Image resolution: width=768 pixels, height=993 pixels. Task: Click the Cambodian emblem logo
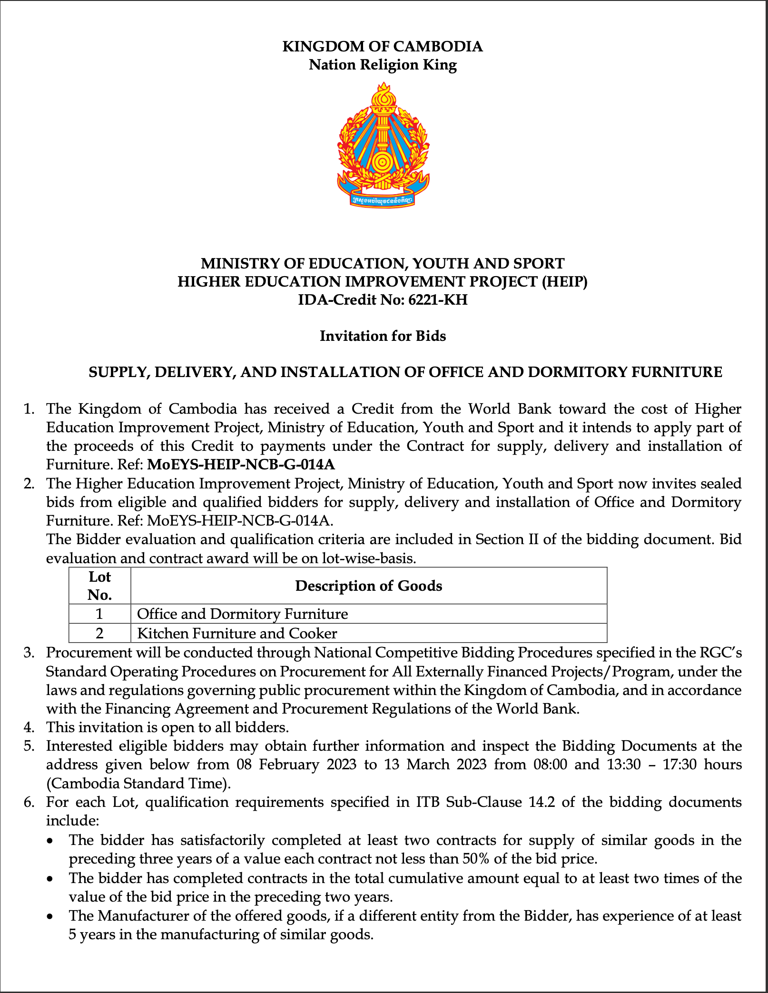pos(383,145)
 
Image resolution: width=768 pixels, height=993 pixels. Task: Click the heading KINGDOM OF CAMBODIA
pos(383,47)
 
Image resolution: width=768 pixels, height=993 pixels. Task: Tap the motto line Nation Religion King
pos(383,65)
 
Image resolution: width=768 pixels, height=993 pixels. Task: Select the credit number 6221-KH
pos(438,300)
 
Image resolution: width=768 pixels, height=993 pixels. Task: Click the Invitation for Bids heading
pos(383,336)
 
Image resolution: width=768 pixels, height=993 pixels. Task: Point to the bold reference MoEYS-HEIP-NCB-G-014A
pos(241,464)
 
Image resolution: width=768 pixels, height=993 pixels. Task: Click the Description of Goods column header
pos(368,586)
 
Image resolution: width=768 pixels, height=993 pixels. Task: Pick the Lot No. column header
pos(99,586)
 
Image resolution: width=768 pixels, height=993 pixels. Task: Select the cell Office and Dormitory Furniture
pos(242,614)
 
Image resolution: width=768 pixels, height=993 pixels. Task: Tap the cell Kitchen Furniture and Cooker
pos(237,634)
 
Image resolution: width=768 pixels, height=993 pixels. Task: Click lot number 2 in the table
pos(99,634)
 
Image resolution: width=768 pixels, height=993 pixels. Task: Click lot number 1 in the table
pos(99,614)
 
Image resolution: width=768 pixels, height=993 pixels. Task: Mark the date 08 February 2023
pos(296,765)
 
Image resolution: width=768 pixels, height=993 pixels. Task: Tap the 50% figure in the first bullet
pos(473,859)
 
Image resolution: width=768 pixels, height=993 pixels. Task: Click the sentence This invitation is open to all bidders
pos(167,727)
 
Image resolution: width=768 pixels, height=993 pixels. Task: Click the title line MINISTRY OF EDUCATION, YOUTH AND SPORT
pos(383,264)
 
